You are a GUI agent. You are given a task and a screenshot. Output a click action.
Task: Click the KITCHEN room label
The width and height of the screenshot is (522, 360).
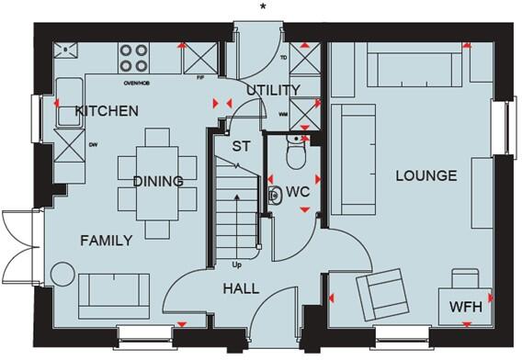[x=107, y=111]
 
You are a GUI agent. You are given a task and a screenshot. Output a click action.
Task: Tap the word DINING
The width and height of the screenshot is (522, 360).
[x=158, y=181]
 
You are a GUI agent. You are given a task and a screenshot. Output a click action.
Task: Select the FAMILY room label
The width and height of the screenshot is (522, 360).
[x=106, y=241]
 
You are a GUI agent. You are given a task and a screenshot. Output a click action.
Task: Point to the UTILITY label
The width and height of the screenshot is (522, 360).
[x=273, y=89]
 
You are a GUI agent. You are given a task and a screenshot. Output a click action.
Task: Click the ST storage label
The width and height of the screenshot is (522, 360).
[x=241, y=146]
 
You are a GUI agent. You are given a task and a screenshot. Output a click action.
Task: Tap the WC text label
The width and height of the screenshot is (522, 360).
[x=298, y=194]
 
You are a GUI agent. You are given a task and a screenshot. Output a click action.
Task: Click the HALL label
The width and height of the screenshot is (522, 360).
[x=240, y=288]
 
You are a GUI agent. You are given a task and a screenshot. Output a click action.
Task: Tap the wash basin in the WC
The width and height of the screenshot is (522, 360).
[x=275, y=194]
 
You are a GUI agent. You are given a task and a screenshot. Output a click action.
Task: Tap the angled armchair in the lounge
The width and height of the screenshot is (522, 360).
[x=381, y=293]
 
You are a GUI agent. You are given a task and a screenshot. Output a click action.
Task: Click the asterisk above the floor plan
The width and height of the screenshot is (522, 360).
[x=264, y=7]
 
